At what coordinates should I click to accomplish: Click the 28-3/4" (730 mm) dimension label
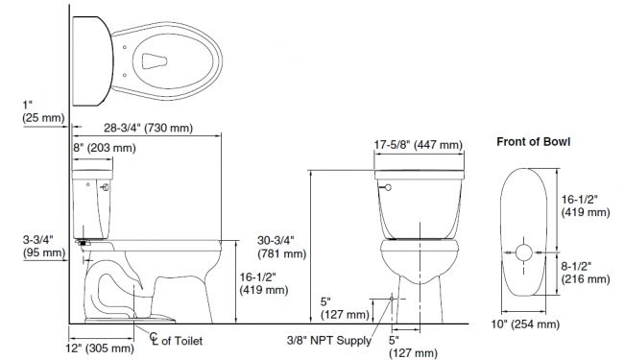click(149, 128)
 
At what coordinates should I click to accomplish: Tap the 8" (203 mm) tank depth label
click(105, 148)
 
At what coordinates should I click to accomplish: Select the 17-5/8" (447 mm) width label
click(419, 145)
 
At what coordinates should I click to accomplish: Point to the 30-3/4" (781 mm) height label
click(281, 247)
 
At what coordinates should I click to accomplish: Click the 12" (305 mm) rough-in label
click(100, 348)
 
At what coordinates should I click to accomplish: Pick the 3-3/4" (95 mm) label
click(44, 246)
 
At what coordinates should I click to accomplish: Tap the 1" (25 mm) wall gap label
click(43, 111)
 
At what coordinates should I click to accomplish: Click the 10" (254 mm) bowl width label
click(525, 324)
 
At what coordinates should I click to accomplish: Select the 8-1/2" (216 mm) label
click(586, 273)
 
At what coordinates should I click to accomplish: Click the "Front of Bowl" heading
click(533, 142)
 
